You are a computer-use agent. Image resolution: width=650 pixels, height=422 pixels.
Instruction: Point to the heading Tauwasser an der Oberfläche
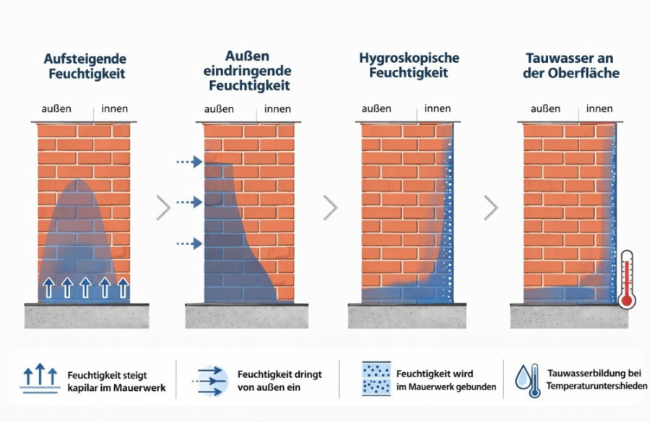(x=572, y=65)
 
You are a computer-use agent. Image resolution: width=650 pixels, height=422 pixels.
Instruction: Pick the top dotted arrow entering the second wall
(x=190, y=162)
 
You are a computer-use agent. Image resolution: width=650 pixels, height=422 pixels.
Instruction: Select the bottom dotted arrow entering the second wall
(x=190, y=244)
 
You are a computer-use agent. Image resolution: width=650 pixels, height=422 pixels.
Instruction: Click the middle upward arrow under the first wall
(x=85, y=287)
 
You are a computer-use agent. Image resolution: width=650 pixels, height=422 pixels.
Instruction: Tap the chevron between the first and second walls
(x=164, y=208)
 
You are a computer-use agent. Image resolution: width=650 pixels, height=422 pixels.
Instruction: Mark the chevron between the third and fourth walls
(x=491, y=208)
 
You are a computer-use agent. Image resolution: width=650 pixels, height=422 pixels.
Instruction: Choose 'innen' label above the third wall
(x=438, y=109)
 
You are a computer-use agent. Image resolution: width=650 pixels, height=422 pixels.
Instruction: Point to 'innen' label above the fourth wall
(x=599, y=109)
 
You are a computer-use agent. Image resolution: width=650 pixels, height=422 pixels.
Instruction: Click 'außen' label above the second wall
(x=219, y=109)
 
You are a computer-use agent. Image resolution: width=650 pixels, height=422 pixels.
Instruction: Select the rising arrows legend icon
(x=40, y=379)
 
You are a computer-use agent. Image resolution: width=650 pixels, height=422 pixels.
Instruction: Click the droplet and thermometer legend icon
(x=526, y=379)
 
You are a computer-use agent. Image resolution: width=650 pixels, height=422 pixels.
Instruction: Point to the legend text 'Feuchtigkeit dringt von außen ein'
(x=279, y=380)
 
